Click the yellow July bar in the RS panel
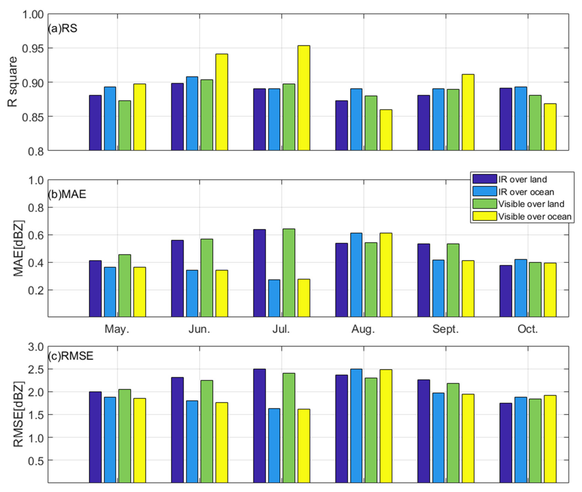(x=304, y=98)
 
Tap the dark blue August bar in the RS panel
(x=341, y=125)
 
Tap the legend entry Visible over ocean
(x=535, y=216)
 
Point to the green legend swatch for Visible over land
(x=485, y=204)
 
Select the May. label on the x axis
(x=117, y=329)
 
